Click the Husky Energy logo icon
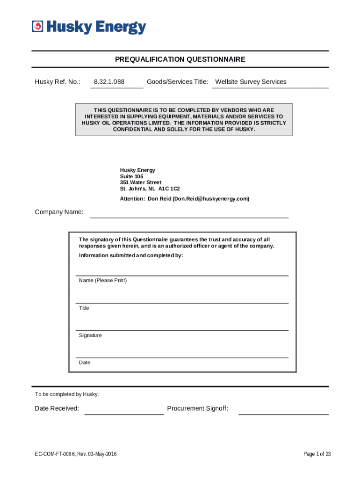point(38,27)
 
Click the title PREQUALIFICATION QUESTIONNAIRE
point(180,59)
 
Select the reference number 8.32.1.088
point(109,82)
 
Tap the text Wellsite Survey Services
point(251,82)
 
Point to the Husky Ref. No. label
point(58,82)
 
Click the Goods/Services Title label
point(177,82)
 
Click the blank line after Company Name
point(189,214)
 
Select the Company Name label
point(59,212)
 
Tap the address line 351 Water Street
point(141,182)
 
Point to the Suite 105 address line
point(132,176)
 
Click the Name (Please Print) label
point(103,281)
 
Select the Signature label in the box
point(90,335)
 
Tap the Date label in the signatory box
point(85,363)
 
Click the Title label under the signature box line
point(84,308)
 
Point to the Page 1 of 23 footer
point(317,454)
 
